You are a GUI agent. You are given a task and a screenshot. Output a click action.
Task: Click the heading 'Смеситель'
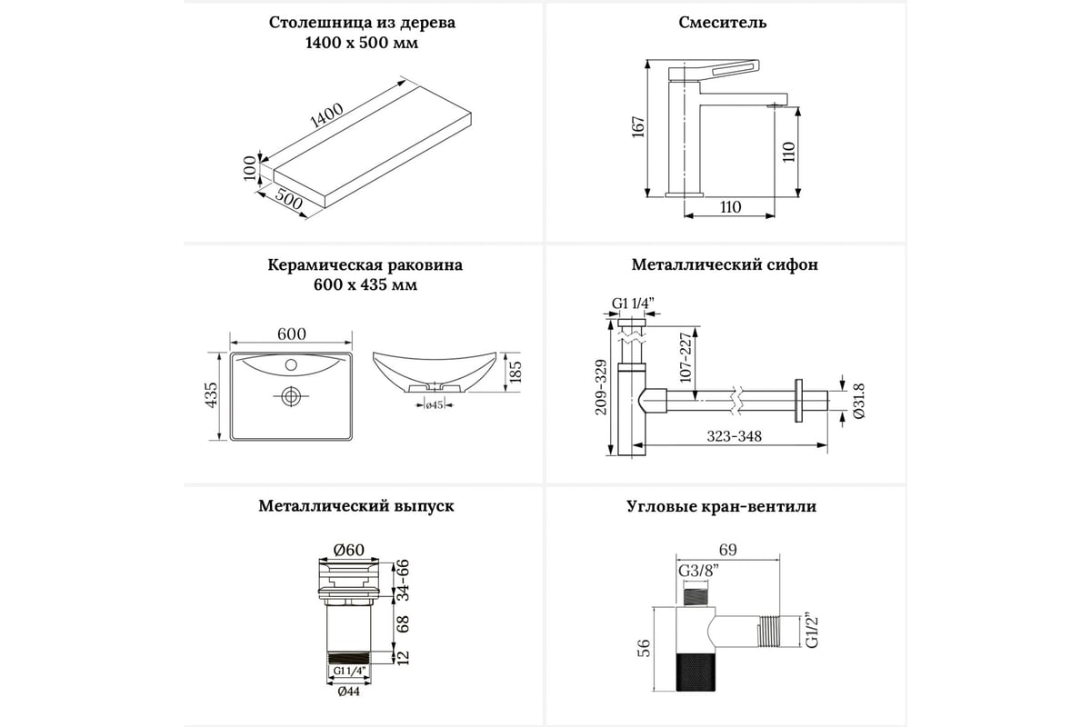(x=723, y=23)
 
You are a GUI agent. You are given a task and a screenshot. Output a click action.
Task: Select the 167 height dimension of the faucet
(x=638, y=128)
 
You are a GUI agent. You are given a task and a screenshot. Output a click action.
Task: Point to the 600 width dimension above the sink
(x=291, y=334)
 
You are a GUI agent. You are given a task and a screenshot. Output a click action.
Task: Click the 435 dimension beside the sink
(x=212, y=396)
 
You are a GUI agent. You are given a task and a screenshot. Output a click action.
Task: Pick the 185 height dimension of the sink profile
(x=516, y=372)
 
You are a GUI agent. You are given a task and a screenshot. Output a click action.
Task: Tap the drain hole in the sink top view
(x=290, y=395)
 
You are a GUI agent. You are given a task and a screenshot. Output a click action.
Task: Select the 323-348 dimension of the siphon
(x=736, y=435)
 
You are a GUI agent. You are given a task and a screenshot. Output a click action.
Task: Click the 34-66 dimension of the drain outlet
(x=401, y=582)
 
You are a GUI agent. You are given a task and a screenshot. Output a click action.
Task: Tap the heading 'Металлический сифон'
(x=725, y=265)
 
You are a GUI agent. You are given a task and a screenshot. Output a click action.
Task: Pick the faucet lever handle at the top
(x=722, y=69)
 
